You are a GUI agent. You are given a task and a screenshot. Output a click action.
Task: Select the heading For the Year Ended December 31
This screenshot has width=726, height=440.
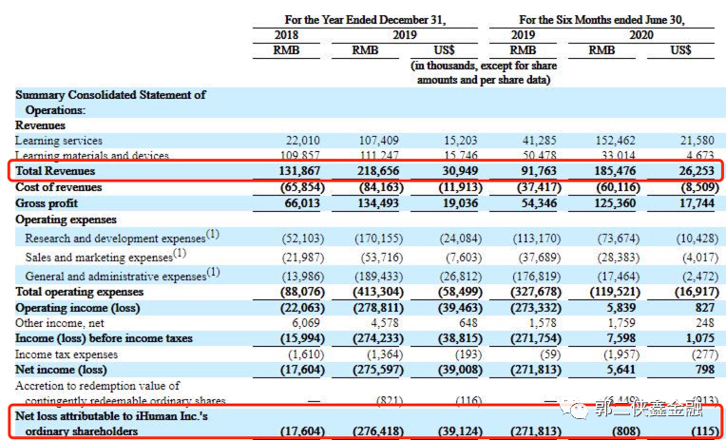[x=366, y=18]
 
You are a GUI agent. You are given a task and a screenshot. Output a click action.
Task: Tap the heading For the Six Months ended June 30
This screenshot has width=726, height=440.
[x=602, y=18]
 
